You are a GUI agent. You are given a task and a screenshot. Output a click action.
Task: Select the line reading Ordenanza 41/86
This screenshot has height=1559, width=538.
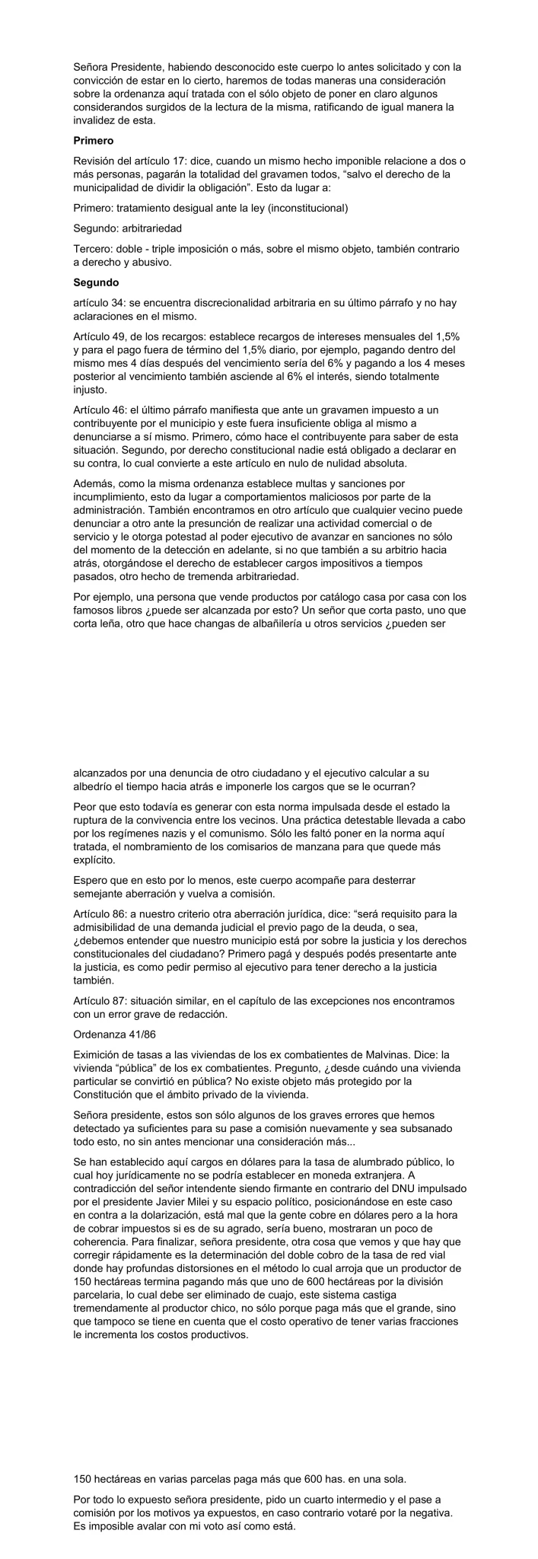pos(110,1035)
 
